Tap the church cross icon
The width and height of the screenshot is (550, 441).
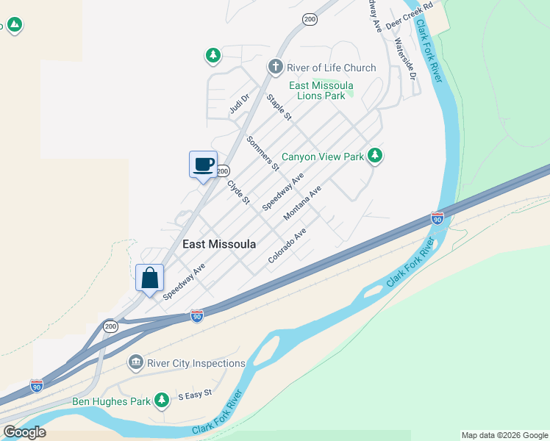(x=275, y=68)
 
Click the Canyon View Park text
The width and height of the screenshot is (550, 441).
(x=323, y=157)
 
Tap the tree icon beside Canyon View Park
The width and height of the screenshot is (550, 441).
(x=375, y=155)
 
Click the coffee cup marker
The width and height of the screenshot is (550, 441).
(x=203, y=165)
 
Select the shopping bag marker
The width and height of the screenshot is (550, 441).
(x=150, y=279)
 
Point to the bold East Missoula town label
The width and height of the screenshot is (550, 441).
(x=219, y=244)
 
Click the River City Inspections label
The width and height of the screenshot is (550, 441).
(x=196, y=363)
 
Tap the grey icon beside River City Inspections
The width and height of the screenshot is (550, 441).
(x=135, y=362)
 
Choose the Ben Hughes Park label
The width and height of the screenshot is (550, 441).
(x=112, y=401)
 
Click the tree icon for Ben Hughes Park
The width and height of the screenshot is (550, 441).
(x=162, y=401)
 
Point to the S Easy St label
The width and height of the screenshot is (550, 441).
(x=195, y=395)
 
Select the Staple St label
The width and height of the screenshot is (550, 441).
(x=279, y=107)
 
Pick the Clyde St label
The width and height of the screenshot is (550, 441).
(x=239, y=193)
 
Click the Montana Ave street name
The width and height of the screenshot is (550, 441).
(x=303, y=203)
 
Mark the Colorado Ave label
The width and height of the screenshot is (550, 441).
(x=287, y=245)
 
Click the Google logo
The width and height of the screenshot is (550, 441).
(x=24, y=432)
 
